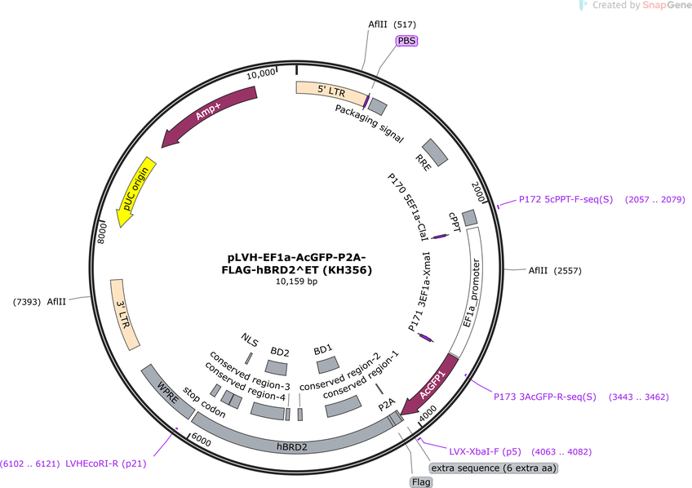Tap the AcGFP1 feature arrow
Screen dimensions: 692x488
(432, 386)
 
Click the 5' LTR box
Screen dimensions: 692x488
(332, 91)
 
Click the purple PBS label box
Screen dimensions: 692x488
(406, 41)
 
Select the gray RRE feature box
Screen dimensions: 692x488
(435, 153)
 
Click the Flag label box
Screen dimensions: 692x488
(420, 481)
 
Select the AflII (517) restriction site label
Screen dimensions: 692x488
(392, 24)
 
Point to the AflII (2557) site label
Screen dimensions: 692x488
(555, 270)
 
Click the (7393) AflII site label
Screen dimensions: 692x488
(39, 302)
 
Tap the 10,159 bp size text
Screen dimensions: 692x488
(296, 282)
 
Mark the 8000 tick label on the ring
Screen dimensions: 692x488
(102, 233)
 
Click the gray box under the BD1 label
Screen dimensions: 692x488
(328, 366)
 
